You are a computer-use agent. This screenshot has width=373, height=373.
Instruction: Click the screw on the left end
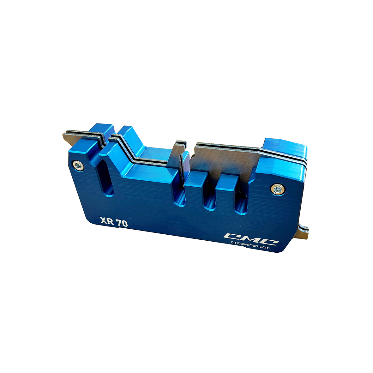78,165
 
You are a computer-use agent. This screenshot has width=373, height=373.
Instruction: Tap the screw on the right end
278,189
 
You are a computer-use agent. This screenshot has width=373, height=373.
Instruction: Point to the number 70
122,223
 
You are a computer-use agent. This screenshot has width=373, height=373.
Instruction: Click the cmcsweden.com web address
250,247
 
